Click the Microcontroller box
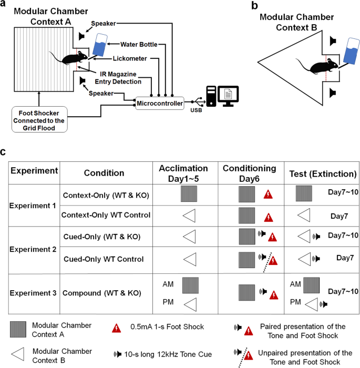(161, 104)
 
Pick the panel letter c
(4, 152)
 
